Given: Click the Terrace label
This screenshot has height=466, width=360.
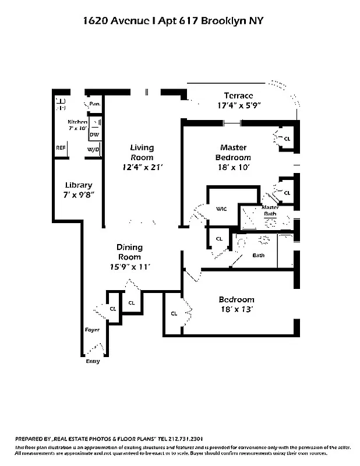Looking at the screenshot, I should (x=238, y=96).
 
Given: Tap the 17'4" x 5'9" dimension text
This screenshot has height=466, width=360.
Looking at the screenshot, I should (x=238, y=106).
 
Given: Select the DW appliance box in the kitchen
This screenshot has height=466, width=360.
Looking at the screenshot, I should (x=94, y=135).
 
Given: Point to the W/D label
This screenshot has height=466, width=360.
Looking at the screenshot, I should (x=93, y=150).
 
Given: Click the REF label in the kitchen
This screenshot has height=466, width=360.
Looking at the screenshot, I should (x=60, y=148).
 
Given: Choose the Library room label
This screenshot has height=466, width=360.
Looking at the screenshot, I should (x=79, y=185).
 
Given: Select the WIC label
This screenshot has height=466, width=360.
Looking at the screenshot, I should (x=221, y=209).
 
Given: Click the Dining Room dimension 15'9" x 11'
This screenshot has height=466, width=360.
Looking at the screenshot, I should (x=129, y=267).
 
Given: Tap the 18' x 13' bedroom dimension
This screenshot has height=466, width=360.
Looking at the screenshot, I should (x=237, y=309).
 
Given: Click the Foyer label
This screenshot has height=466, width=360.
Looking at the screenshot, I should (x=92, y=330).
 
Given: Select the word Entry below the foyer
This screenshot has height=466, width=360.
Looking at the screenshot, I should (x=93, y=361).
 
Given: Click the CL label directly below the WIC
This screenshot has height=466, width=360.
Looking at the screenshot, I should (x=219, y=239).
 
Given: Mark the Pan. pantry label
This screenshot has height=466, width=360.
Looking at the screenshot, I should (x=94, y=104).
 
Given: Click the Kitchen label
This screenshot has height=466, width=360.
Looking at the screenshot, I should (x=77, y=122).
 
